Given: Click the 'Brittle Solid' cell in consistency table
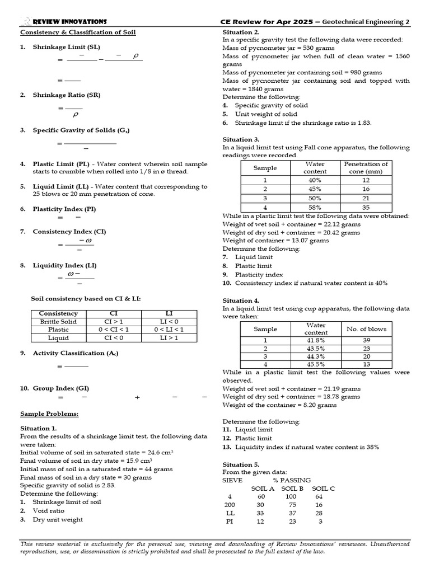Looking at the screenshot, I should pyautogui.click(x=58, y=322).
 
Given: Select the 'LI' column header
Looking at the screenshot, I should pyautogui.click(x=169, y=313).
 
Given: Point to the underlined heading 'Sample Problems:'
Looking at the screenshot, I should pyautogui.click(x=49, y=414).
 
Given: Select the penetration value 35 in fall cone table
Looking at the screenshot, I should pyautogui.click(x=366, y=207).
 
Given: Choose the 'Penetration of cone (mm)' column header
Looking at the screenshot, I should pyautogui.click(x=366, y=168).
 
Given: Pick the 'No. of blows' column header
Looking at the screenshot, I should pyautogui.click(x=366, y=329).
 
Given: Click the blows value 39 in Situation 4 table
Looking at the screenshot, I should pyautogui.click(x=366, y=340).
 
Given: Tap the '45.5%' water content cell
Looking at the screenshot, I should pyautogui.click(x=316, y=364).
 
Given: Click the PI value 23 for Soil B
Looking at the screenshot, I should pyautogui.click(x=292, y=522).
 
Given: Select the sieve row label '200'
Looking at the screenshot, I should pyautogui.click(x=230, y=505).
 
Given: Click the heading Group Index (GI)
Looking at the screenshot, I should pyautogui.click(x=60, y=388).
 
